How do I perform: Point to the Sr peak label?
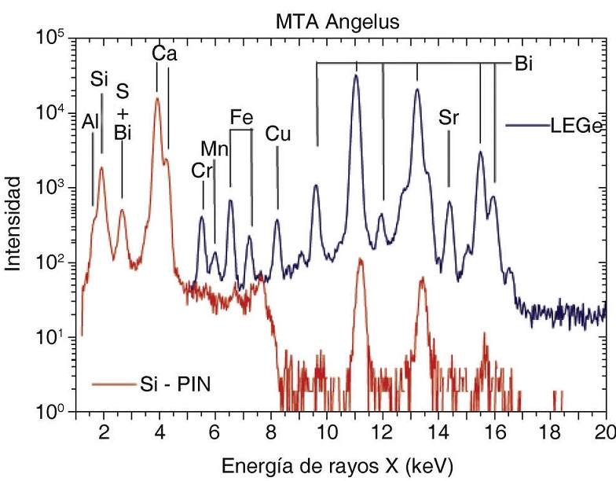[x=449, y=118]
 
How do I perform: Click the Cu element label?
[x=277, y=134]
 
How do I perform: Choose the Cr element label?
[x=202, y=170]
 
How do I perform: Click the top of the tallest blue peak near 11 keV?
[x=356, y=75]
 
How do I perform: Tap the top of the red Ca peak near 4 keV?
[x=157, y=99]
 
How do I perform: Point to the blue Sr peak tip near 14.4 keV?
[x=449, y=202]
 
